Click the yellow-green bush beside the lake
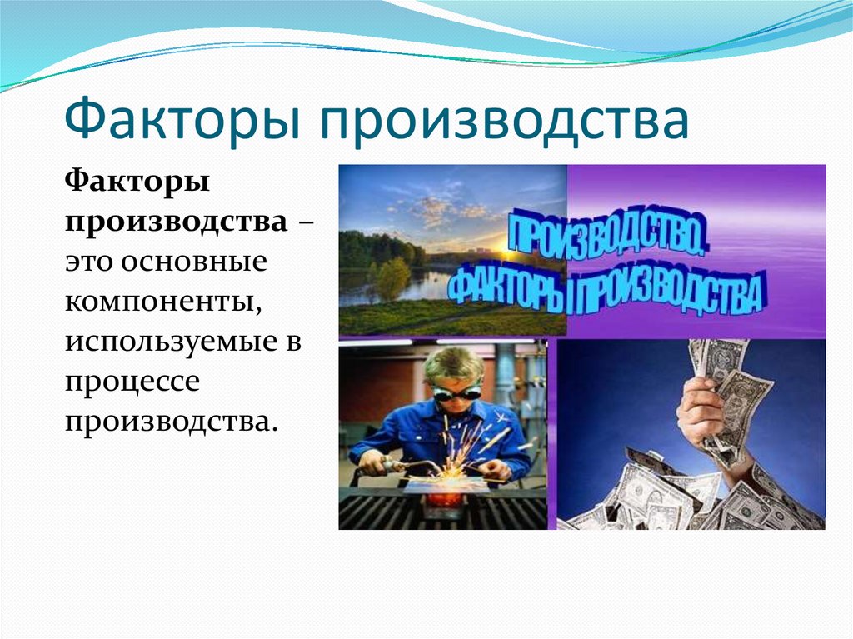coord(392,275)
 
